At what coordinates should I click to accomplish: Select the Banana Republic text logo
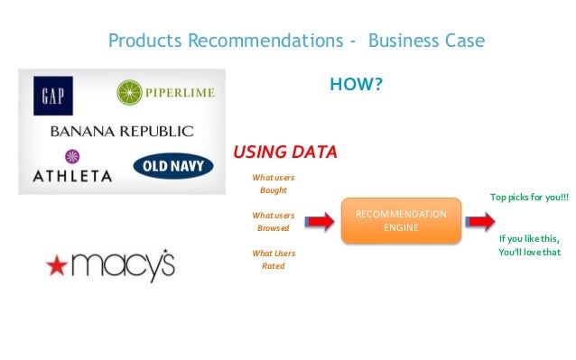(121, 131)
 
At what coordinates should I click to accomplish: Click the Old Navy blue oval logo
(173, 166)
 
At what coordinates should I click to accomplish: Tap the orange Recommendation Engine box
(401, 221)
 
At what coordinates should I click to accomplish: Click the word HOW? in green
(355, 87)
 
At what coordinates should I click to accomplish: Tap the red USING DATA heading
(285, 152)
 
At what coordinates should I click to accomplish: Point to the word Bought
(273, 190)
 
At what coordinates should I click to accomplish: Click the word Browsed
(273, 228)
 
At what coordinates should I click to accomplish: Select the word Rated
(273, 266)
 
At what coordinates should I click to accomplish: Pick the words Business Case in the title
(426, 41)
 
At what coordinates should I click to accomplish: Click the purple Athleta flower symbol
(60, 156)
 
